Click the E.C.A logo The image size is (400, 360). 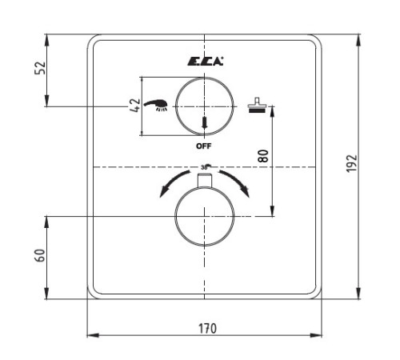[x=205, y=62]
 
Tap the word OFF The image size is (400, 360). [x=204, y=146]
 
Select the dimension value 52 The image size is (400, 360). [x=40, y=68]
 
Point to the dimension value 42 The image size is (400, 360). [x=135, y=106]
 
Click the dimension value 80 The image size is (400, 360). [x=263, y=156]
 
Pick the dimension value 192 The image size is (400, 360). [x=351, y=163]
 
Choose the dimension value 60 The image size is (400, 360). [x=40, y=255]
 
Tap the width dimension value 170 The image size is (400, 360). [x=207, y=329]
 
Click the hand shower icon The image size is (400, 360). [x=156, y=105]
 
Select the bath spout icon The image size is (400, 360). [x=257, y=105]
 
